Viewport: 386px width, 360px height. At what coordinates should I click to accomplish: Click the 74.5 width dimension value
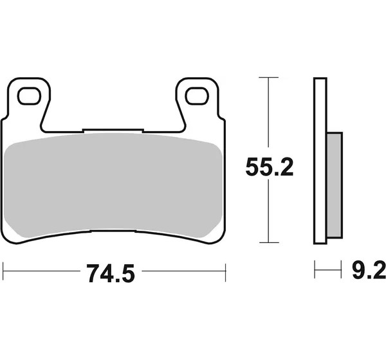(x=111, y=273)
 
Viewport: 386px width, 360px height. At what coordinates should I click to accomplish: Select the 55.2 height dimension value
(x=270, y=167)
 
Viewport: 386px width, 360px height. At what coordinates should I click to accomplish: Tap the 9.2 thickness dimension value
(x=369, y=271)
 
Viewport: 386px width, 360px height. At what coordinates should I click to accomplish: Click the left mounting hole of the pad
(x=29, y=96)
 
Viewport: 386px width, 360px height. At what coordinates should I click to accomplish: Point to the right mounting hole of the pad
(x=197, y=96)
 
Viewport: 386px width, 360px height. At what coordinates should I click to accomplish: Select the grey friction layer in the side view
(x=335, y=185)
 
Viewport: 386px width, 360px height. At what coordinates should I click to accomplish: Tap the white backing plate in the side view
(x=320, y=161)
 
